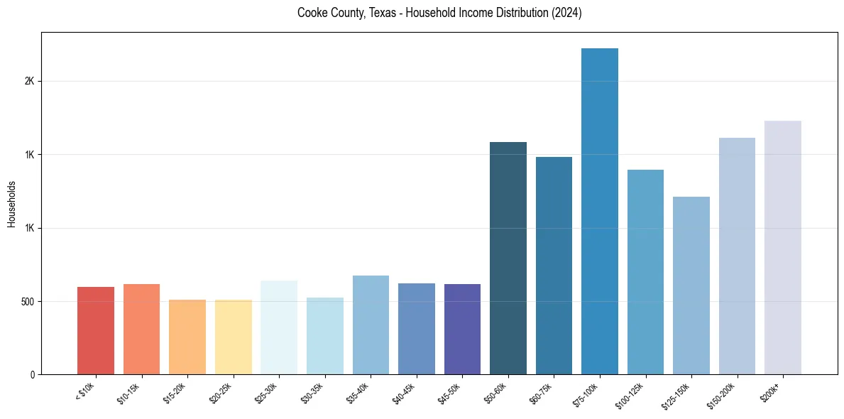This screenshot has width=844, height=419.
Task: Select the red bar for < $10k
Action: [x=96, y=330]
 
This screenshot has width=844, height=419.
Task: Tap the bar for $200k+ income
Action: [x=783, y=248]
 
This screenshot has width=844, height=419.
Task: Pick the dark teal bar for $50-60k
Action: [x=508, y=259]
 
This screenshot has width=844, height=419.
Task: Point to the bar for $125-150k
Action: [x=691, y=285]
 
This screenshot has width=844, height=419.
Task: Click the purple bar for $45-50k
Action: [x=462, y=329]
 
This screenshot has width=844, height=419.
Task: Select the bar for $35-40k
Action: [x=371, y=325]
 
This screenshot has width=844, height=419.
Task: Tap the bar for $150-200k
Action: [x=737, y=256]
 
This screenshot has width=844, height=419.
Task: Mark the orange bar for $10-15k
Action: [x=141, y=329]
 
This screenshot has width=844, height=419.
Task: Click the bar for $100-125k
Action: [x=645, y=272]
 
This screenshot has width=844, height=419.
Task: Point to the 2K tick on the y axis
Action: [x=30, y=81]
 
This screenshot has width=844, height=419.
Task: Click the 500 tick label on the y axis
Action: [x=27, y=301]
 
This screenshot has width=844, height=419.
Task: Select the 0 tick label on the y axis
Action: [x=32, y=374]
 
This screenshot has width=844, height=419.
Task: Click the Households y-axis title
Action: [x=11, y=203]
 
